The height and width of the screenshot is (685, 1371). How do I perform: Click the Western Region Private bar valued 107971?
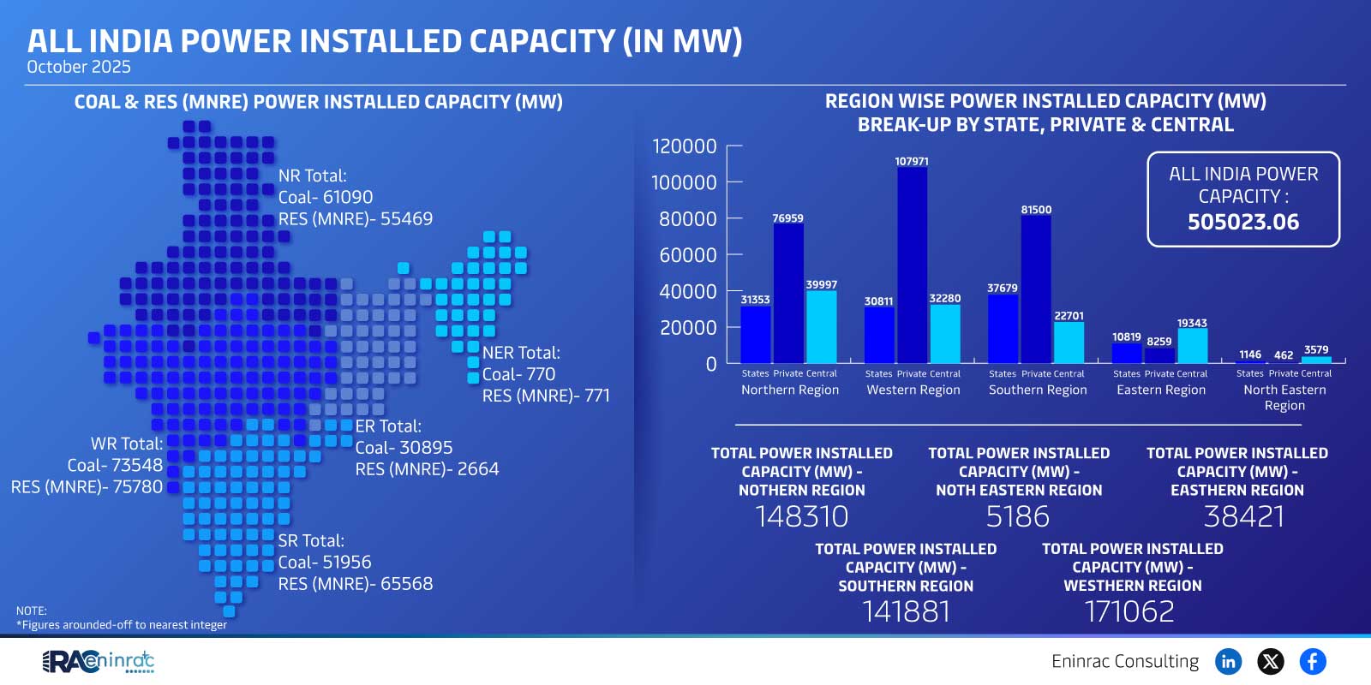pos(912,265)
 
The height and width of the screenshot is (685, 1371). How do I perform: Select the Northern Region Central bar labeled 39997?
pos(821,327)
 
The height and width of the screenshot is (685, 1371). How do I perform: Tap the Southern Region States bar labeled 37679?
pos(1003,329)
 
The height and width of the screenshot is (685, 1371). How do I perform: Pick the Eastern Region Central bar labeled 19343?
pos(1192,346)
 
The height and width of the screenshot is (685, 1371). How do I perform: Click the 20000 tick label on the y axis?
pos(688,328)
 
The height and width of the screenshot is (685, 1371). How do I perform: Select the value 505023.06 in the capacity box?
pos(1242,223)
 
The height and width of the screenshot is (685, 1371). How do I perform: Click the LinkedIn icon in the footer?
pos(1229,661)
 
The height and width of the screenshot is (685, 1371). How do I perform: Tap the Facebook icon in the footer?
pos(1313,661)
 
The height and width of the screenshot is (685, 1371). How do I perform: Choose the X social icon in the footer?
pos(1271,661)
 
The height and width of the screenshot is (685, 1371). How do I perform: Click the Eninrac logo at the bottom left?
pos(99,661)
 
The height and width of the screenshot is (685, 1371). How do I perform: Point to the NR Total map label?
pos(312,176)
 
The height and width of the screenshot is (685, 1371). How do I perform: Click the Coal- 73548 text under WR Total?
pos(115,465)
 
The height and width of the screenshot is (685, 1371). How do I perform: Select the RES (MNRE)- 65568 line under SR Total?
pos(355,584)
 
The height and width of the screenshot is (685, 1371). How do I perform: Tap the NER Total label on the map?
pos(521,353)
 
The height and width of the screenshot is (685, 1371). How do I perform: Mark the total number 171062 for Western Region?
pos(1129,611)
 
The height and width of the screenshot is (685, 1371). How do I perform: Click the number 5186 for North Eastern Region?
pos(1017,516)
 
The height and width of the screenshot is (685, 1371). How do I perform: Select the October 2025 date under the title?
pos(79,67)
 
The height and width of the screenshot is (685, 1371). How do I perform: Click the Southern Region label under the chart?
pos(1037,390)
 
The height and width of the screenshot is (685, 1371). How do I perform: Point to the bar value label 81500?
pos(1036,210)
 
